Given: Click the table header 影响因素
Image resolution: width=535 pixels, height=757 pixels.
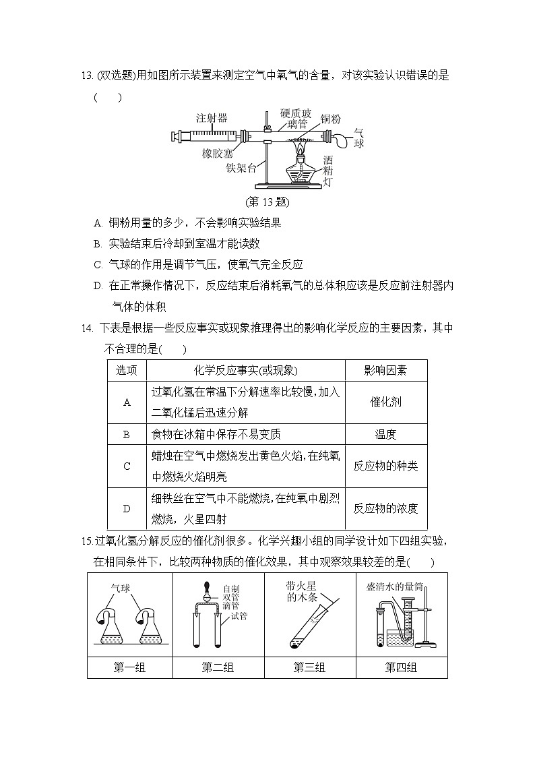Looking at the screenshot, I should pos(385,370).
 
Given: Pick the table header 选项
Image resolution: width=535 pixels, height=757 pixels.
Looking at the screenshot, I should pos(127,370).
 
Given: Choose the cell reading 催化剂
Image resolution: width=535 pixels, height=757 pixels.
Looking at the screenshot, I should pos(385,402).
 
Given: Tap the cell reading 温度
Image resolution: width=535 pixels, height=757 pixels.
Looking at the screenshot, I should pos(385,435).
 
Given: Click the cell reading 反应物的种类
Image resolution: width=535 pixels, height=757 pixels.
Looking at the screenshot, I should pos(385,466).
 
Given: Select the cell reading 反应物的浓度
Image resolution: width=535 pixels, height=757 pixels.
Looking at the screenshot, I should pos(385,508).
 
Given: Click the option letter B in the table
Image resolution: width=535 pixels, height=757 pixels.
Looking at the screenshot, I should pos(127,435).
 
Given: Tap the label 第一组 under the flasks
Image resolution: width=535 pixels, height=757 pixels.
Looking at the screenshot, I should pos(129,667).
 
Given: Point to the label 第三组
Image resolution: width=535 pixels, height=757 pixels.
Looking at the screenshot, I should pos(309,667).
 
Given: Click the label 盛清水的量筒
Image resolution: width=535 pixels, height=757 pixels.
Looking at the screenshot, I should pos(394,586).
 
